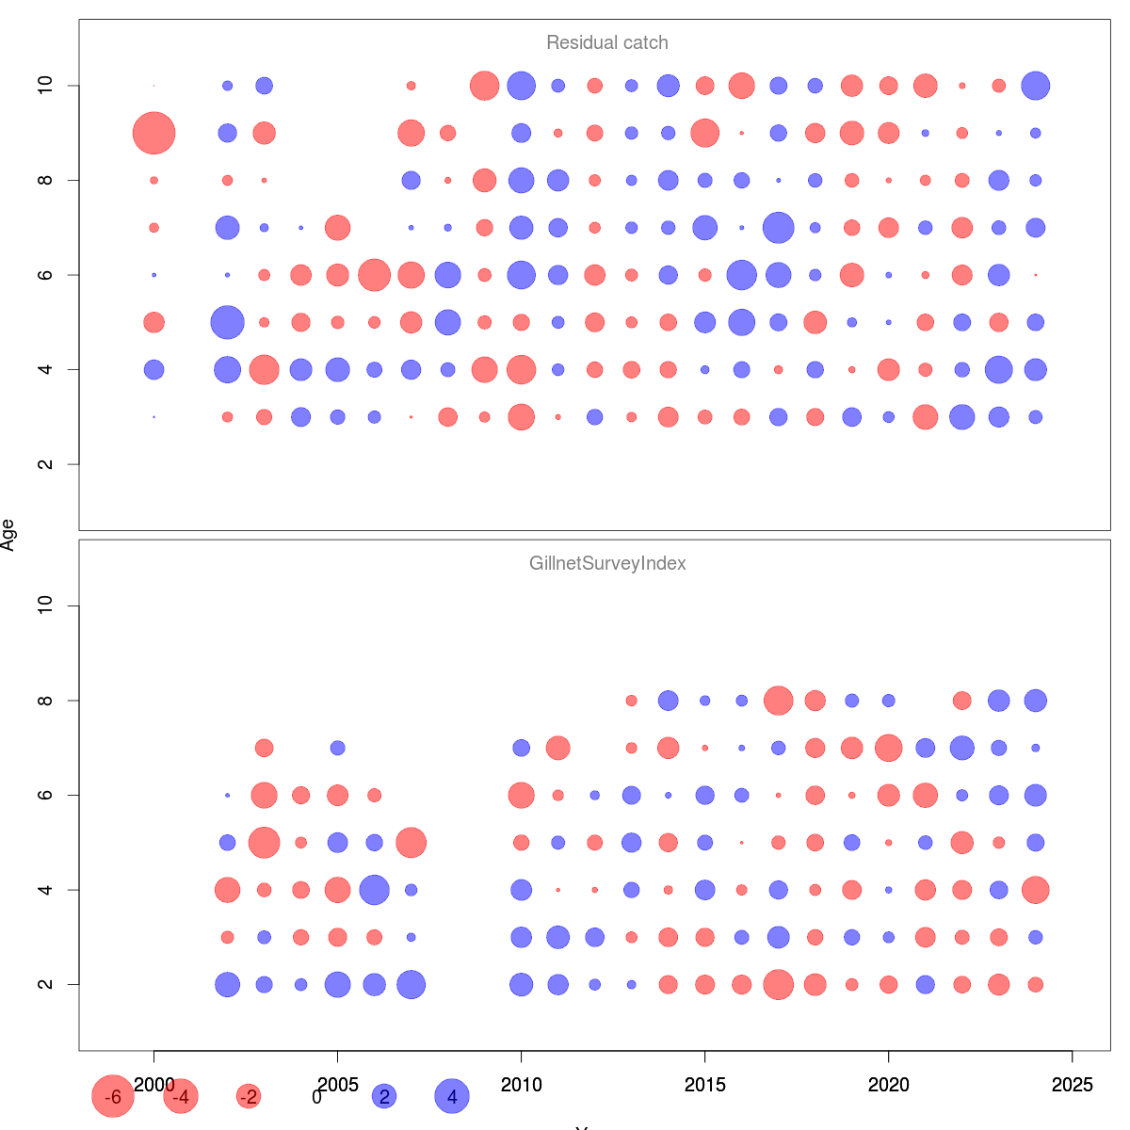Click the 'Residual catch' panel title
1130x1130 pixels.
tap(607, 43)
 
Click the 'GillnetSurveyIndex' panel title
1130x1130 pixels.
tap(607, 564)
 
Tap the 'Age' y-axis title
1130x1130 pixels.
tap(8, 535)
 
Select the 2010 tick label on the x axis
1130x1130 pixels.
tap(521, 1085)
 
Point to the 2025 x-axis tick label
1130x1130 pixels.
tap(1072, 1085)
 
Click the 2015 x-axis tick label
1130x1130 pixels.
tap(704, 1085)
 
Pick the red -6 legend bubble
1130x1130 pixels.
tap(113, 1096)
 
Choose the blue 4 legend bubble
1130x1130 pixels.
tap(452, 1096)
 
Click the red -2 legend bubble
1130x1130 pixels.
tap(249, 1096)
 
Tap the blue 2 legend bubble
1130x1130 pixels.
tap(384, 1096)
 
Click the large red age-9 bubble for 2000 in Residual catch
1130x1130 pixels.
tap(153, 133)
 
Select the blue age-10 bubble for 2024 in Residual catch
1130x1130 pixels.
tap(1035, 86)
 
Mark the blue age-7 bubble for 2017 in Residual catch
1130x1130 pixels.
tap(778, 228)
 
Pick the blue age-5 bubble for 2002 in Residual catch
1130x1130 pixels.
tap(227, 322)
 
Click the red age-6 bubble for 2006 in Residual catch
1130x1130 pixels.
tap(374, 275)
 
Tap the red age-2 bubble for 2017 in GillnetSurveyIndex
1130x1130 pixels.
tap(778, 984)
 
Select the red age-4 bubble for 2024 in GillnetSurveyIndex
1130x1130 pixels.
tap(1035, 890)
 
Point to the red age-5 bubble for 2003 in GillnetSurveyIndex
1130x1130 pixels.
tap(264, 843)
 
